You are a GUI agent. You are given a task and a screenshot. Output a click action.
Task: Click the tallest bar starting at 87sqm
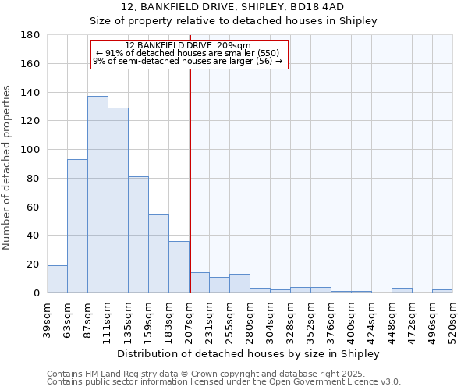point(97,194)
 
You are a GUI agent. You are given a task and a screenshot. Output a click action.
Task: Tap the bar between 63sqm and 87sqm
point(77,226)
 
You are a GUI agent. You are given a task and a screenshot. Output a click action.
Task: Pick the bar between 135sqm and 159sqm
point(138,235)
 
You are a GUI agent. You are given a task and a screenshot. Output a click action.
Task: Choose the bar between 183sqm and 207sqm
point(179,267)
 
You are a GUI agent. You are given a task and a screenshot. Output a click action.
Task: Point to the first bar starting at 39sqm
point(57,279)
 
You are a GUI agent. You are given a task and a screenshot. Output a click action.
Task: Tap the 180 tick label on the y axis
point(31,35)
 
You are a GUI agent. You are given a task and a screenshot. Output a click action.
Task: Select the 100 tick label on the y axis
point(31,150)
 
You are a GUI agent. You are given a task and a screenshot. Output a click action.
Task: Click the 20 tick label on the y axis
point(34,264)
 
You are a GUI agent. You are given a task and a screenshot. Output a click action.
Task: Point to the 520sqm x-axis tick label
point(452,320)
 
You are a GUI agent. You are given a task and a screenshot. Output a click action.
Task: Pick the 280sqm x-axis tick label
point(250,320)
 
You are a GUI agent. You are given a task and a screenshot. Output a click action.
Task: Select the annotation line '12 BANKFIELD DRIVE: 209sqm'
point(188,45)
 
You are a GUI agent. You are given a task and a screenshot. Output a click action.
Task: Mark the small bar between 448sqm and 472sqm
point(402,290)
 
